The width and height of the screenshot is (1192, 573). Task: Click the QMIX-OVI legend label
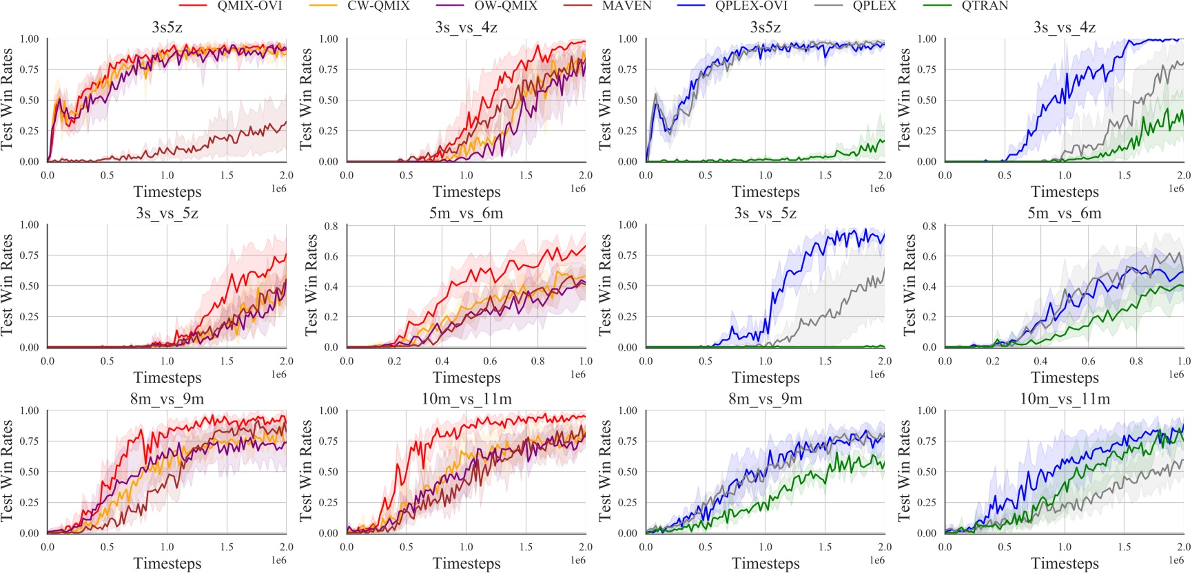click(249, 6)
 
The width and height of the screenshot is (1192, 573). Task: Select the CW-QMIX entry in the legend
click(378, 6)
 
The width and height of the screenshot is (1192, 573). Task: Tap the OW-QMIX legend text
click(506, 6)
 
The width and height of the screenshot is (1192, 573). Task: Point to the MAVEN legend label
click(626, 6)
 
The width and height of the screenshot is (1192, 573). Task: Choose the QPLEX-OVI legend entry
click(751, 6)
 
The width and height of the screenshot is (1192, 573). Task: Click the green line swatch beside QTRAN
click(936, 6)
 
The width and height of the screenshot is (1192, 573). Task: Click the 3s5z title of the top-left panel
click(167, 28)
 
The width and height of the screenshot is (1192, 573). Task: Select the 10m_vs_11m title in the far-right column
click(1065, 399)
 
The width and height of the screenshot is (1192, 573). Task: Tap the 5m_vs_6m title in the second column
click(466, 213)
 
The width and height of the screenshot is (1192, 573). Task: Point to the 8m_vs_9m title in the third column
click(765, 399)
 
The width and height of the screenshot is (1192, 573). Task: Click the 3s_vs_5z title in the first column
click(167, 213)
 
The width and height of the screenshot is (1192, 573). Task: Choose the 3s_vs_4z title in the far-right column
click(1065, 28)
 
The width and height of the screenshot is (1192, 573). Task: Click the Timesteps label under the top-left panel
click(167, 191)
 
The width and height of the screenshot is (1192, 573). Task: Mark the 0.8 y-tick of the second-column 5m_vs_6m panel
click(331, 226)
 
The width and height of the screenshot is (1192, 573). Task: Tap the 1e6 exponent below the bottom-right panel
click(1176, 561)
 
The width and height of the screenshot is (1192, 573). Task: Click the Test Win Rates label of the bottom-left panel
click(8, 471)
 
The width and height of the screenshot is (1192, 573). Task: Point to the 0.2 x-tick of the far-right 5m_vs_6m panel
click(993, 361)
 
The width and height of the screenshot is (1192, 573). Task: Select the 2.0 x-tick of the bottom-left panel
click(286, 547)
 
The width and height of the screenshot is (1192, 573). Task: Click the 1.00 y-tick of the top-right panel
click(927, 39)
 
